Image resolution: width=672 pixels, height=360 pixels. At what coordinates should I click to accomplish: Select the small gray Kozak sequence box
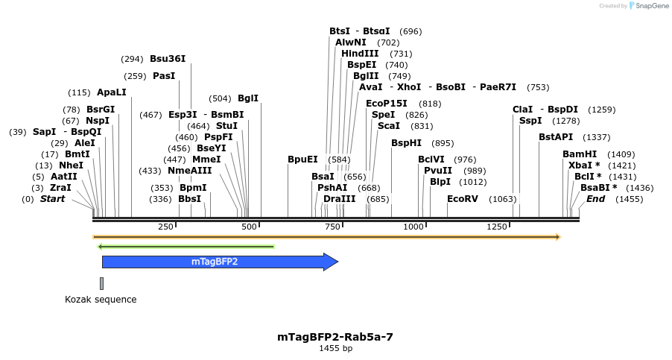101,283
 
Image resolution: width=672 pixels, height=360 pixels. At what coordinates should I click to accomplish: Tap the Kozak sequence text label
101,300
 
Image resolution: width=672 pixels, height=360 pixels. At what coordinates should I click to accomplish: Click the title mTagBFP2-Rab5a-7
335,337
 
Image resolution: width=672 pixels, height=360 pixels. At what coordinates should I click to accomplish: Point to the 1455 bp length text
335,348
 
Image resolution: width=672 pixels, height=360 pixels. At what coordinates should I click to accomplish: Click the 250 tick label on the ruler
165,227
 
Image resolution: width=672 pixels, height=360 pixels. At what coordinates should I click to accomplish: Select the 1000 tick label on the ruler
413,227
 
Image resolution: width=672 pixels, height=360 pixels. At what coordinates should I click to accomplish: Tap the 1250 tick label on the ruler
496,227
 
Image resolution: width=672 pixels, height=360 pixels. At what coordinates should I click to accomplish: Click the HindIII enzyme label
360,54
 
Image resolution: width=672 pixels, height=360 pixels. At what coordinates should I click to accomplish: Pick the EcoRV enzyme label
462,199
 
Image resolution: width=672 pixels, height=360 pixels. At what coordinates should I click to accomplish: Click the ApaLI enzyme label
112,92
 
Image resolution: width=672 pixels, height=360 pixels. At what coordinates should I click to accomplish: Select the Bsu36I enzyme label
168,59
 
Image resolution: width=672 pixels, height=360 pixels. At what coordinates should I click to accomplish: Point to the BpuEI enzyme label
302,160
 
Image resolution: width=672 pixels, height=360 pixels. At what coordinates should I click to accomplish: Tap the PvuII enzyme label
438,171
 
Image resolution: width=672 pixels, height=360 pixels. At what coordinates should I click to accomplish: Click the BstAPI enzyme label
556,137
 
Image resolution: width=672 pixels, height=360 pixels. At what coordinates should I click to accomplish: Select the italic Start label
52,199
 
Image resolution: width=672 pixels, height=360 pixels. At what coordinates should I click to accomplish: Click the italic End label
596,199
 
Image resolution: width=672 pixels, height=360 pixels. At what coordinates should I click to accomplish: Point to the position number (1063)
502,199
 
